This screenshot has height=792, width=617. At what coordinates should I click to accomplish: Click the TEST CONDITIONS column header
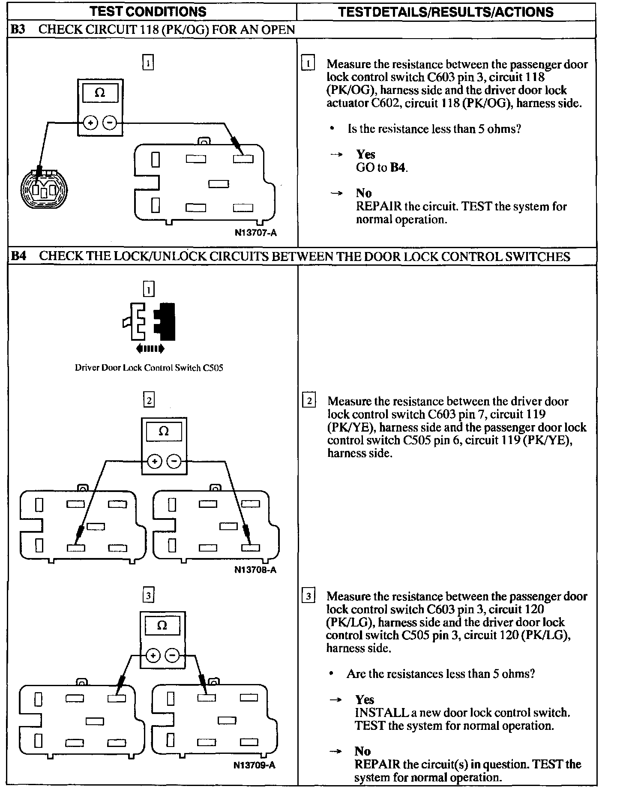pyautogui.click(x=148, y=12)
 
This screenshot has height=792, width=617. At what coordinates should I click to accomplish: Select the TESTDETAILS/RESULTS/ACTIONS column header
pyautogui.click(x=446, y=12)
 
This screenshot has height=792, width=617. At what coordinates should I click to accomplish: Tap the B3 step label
pyautogui.click(x=18, y=30)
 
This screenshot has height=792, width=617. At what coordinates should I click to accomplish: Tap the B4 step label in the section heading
pyautogui.click(x=18, y=256)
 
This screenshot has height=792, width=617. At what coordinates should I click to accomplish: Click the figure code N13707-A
pyautogui.click(x=255, y=233)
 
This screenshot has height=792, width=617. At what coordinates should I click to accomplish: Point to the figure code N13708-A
pyautogui.click(x=255, y=570)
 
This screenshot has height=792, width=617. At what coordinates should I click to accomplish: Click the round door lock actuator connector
pyautogui.click(x=44, y=188)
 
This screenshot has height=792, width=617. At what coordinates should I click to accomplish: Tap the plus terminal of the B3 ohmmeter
pyautogui.click(x=90, y=123)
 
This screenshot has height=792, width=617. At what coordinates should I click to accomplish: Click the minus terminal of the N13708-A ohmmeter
pyautogui.click(x=174, y=462)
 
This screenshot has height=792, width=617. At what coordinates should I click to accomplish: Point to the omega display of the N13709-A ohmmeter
pyautogui.click(x=162, y=625)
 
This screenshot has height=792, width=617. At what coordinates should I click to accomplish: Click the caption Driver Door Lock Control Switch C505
pyautogui.click(x=149, y=368)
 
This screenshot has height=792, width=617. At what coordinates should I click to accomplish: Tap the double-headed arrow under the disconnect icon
pyautogui.click(x=150, y=349)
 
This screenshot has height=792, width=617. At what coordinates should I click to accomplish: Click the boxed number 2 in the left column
pyautogui.click(x=149, y=400)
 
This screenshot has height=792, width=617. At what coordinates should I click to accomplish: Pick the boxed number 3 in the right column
pyautogui.click(x=308, y=596)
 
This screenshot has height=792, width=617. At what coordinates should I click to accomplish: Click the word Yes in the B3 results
pyautogui.click(x=365, y=154)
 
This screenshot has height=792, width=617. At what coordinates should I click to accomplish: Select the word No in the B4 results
pyautogui.click(x=362, y=751)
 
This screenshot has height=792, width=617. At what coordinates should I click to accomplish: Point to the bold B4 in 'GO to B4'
pyautogui.click(x=398, y=167)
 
